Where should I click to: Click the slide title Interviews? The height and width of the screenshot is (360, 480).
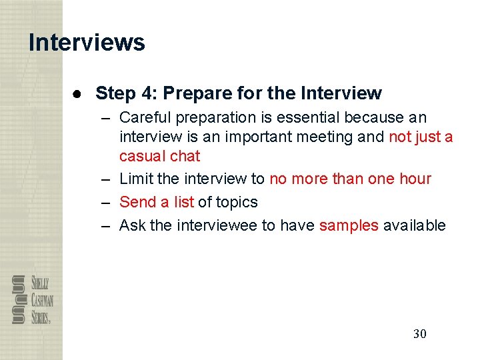click(x=87, y=42)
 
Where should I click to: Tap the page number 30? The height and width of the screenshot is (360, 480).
click(x=419, y=333)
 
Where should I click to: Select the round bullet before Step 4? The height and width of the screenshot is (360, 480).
click(x=78, y=93)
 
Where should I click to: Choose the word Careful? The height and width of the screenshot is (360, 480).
click(x=145, y=118)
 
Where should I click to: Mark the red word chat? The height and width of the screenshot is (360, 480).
click(x=185, y=156)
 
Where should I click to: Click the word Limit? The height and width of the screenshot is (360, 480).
click(x=135, y=179)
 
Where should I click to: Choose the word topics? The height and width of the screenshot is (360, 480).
click(x=235, y=202)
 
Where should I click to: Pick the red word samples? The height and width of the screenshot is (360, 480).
click(x=349, y=225)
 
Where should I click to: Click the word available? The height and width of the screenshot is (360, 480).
click(x=414, y=225)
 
